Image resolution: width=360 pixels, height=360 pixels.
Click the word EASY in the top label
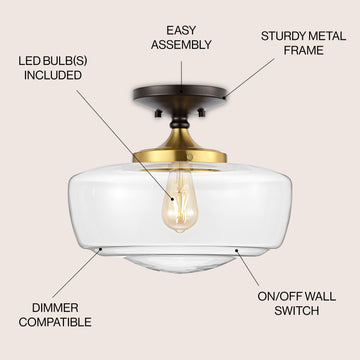(181, 30)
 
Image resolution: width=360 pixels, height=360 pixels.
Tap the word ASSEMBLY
(181, 45)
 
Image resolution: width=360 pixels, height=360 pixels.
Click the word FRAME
(303, 51)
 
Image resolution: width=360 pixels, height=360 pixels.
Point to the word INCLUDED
(53, 75)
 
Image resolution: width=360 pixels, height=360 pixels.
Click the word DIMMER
(55, 308)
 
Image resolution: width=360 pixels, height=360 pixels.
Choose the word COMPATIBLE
(55, 322)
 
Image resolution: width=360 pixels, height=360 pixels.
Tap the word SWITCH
(297, 311)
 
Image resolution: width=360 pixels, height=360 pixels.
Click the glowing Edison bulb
(179, 203)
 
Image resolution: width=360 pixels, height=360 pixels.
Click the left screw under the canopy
(158, 113)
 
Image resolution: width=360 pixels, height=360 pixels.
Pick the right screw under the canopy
(201, 113)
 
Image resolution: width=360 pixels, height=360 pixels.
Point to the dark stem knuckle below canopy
(180, 123)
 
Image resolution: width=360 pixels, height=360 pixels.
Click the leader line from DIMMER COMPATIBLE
(76, 274)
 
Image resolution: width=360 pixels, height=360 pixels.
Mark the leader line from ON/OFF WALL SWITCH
(247, 267)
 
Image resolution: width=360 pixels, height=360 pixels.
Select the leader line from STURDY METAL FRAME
(249, 78)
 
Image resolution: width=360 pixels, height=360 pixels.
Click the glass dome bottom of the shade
(180, 264)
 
